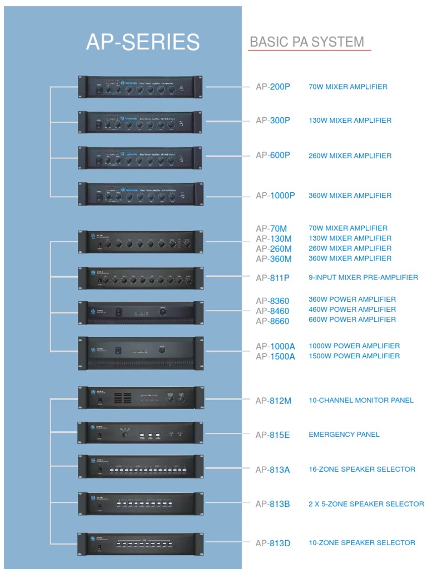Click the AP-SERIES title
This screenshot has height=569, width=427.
143,42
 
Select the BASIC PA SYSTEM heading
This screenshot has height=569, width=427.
307,42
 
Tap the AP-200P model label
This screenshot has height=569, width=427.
273,87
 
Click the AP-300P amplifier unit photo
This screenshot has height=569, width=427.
140,122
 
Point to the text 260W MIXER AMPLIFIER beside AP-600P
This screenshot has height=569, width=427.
350,156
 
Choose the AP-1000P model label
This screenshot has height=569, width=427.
275,196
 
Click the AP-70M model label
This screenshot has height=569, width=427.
271,228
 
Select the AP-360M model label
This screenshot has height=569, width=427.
274,258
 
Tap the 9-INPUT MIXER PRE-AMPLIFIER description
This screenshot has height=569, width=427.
363,277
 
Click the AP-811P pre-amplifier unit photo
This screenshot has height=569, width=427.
140,278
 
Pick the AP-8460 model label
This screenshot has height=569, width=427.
272,311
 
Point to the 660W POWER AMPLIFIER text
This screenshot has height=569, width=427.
352,320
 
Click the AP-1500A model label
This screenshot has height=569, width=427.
275,356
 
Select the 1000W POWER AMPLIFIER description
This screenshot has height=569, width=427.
354,346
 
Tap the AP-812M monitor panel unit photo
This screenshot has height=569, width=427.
140,398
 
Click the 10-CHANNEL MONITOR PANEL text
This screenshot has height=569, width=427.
361,400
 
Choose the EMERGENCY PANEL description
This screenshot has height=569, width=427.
344,435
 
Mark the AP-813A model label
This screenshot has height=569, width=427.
272,470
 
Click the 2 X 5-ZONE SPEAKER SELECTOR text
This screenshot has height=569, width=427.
366,504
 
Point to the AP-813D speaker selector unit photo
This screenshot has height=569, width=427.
140,544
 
